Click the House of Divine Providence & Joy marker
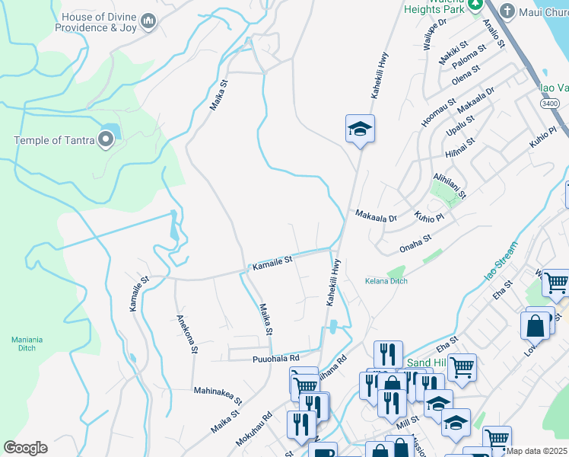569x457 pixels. [x=148, y=22]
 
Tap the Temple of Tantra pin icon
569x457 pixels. [x=106, y=139]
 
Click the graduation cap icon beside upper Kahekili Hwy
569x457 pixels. [x=360, y=128]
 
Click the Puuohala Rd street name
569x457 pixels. [x=275, y=357]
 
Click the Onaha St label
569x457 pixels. [x=415, y=244]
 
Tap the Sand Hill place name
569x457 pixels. [x=426, y=363]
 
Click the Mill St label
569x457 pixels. [x=408, y=420]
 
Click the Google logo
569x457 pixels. [x=25, y=448]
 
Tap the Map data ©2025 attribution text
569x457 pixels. [x=537, y=451]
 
